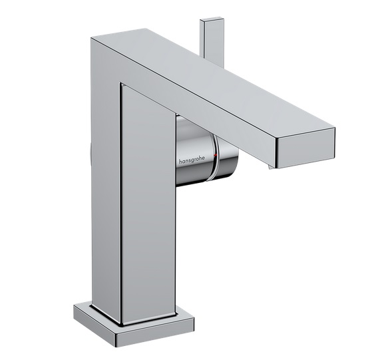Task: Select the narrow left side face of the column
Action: click(105, 180)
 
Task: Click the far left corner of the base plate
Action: click(75, 307)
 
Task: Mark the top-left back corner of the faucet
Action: click(92, 39)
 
